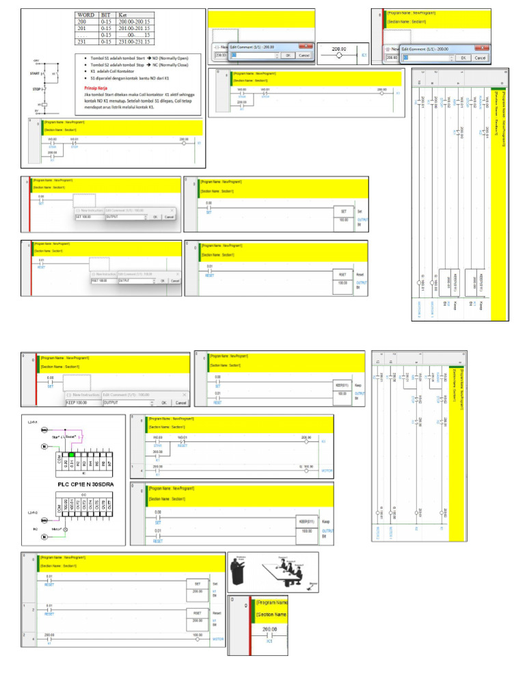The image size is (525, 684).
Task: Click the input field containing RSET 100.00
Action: click(x=103, y=280)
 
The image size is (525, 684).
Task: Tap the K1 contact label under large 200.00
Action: click(x=270, y=642)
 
